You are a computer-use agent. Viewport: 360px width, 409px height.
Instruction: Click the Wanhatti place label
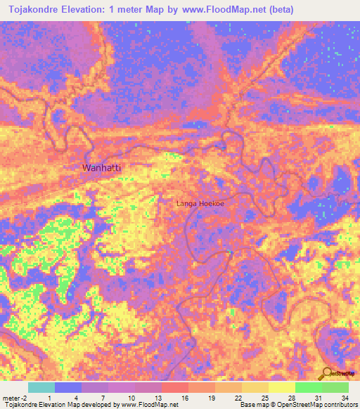101,168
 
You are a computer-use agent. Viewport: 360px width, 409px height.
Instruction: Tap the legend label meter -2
15,397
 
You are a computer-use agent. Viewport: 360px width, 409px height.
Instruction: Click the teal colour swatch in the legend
41,387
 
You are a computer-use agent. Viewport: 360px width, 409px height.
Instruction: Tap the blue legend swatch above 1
67,387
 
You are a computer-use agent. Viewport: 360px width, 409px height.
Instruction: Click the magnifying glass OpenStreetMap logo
327,373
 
